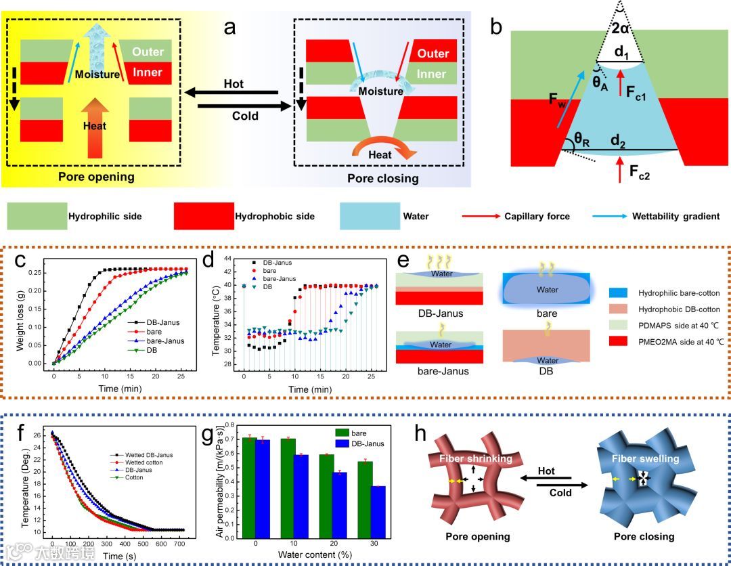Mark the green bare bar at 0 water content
tap(250, 488)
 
